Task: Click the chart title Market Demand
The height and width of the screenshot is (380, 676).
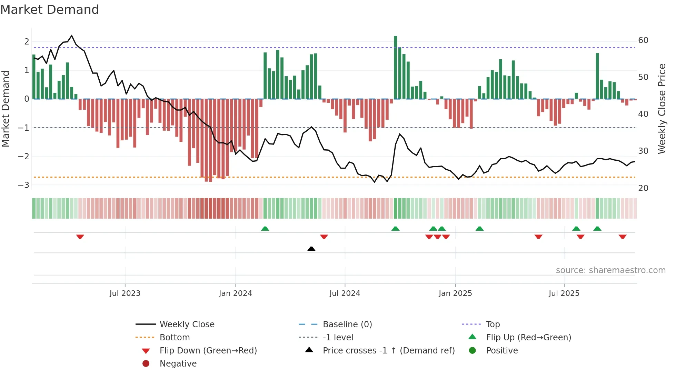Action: (50, 10)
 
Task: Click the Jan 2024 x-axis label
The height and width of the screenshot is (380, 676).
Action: (235, 293)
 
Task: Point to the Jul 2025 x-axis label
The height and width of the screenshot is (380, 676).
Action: (564, 293)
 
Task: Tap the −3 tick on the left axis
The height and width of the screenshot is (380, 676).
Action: (23, 185)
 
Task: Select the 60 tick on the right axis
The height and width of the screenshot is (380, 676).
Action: (643, 40)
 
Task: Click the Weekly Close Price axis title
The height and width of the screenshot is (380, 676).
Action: (662, 109)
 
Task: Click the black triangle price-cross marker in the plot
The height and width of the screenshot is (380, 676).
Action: (311, 249)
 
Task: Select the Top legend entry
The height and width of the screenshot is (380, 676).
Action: (493, 324)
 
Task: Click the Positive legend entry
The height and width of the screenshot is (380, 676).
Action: (502, 350)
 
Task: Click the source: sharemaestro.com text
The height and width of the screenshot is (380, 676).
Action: (610, 270)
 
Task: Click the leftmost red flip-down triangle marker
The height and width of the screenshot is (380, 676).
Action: (80, 237)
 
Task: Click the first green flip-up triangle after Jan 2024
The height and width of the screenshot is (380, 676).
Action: (265, 229)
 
